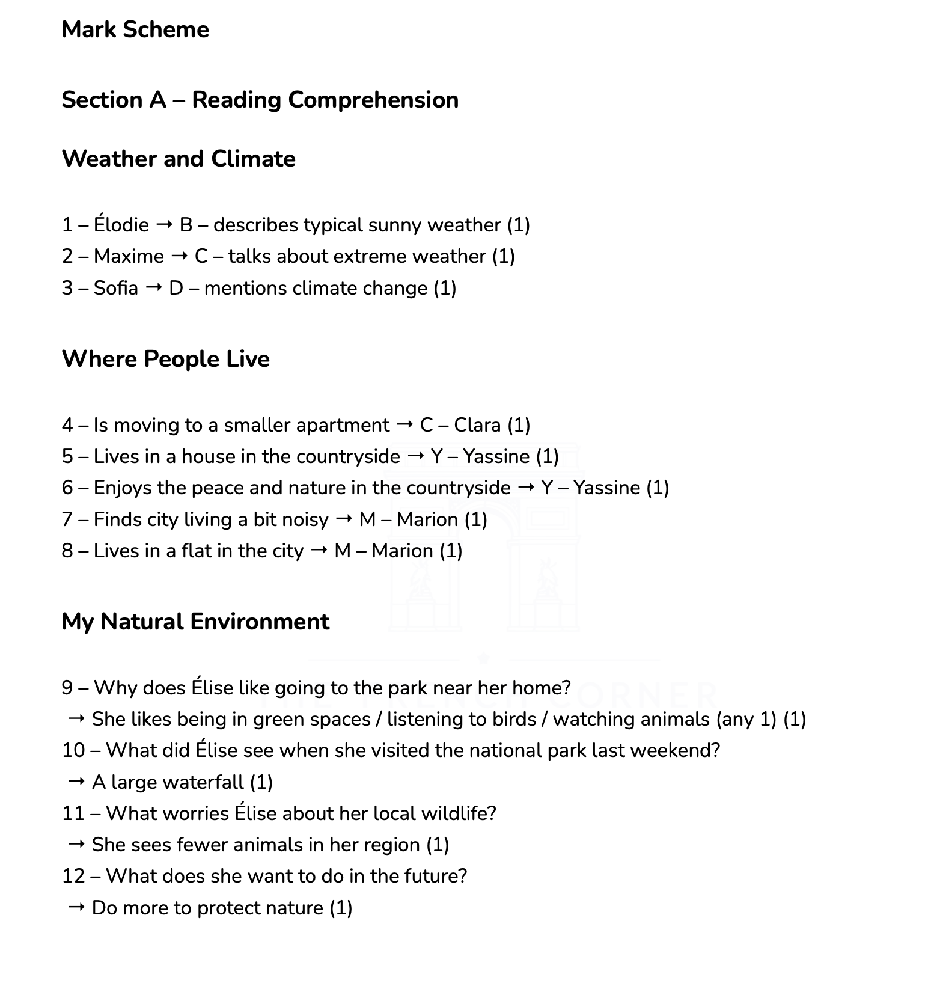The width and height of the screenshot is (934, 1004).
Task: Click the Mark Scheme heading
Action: pos(135,29)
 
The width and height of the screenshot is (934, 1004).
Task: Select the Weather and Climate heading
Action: pos(179,159)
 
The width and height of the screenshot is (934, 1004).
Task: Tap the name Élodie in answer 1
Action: pos(121,225)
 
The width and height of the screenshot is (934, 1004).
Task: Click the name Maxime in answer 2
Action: pos(129,257)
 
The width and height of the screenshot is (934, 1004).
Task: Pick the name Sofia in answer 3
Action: pos(115,288)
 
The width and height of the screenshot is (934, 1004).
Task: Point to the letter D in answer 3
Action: pos(176,288)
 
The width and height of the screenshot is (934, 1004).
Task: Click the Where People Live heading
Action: pos(166,359)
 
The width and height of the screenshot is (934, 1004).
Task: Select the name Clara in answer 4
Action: pos(477,425)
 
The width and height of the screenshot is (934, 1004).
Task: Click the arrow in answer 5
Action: pos(415,456)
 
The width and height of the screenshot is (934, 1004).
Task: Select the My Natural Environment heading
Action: pos(195,622)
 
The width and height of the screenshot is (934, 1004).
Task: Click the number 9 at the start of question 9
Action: pos(67,688)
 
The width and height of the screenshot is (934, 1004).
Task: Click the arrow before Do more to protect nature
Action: pos(76,907)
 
